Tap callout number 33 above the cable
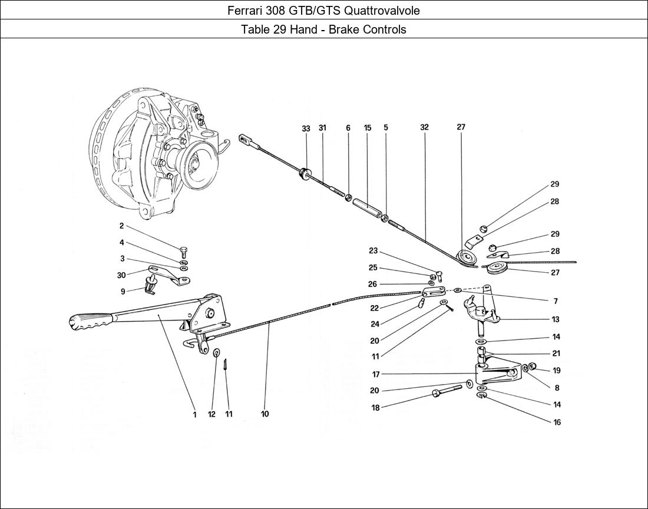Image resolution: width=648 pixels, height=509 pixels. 306,128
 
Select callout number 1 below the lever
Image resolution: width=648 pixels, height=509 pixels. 194,414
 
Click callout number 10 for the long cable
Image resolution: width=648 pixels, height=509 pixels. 265,414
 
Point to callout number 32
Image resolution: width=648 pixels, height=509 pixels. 425,128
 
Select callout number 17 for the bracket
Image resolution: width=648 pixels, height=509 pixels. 375,374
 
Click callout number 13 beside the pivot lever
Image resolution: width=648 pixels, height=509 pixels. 556,319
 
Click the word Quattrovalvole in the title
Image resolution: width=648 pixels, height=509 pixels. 383,11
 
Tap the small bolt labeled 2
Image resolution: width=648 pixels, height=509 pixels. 184,249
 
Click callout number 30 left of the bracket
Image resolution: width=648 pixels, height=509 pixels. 121,275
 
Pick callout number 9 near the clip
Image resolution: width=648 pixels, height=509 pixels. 122,291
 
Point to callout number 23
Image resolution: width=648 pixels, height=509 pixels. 373,251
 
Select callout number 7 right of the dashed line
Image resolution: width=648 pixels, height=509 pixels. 556,301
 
